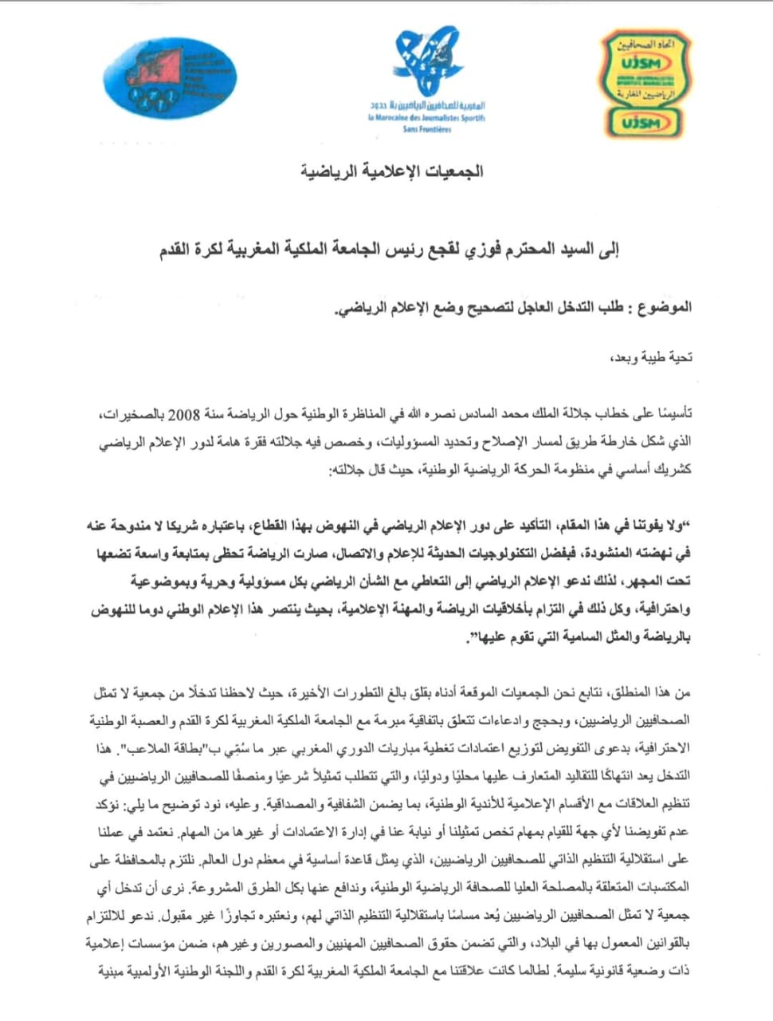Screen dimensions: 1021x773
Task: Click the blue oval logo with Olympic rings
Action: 170,78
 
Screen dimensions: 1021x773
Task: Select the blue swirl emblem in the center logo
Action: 428,60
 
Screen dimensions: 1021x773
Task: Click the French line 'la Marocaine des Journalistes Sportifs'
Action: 426,118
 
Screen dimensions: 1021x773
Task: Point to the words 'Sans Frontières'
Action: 426,129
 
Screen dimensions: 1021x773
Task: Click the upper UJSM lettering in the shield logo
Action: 642,62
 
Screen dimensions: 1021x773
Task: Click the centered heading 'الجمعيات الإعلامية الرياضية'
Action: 391,171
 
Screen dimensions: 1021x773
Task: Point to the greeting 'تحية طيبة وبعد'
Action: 657,357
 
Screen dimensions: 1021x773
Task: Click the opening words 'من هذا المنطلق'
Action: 653,693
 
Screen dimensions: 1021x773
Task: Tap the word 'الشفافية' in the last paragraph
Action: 362,804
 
